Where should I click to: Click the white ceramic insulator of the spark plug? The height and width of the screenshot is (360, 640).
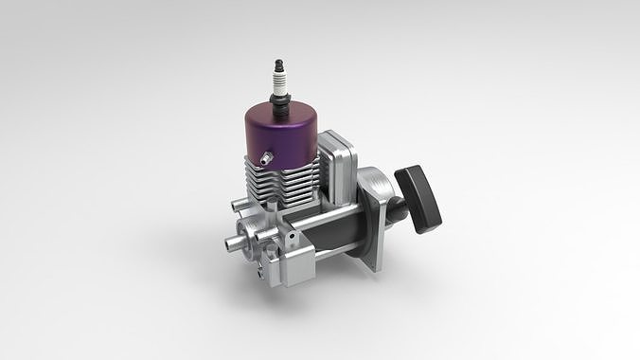(x=279, y=76)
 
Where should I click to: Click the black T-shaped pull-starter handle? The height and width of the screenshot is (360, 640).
(x=418, y=197)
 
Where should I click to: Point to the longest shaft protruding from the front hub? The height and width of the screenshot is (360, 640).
(x=233, y=244)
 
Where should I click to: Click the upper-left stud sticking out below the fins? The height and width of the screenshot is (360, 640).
(x=237, y=203)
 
